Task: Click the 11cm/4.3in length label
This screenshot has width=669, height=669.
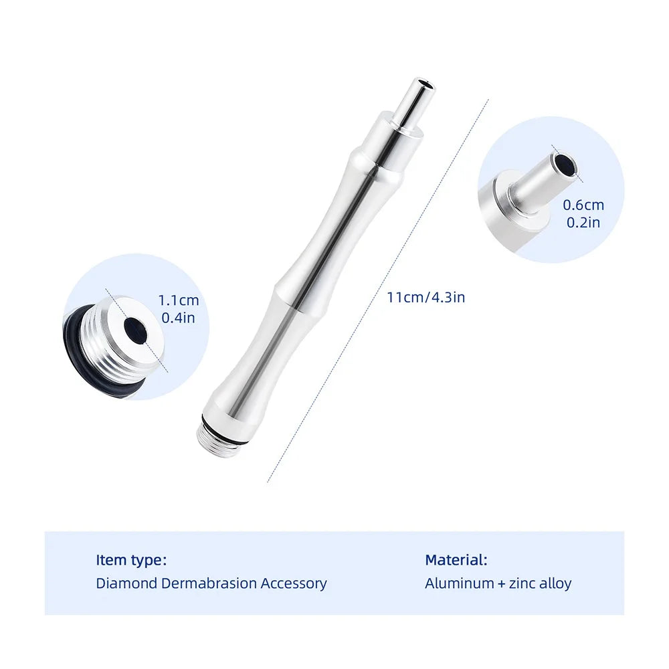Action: click(425, 297)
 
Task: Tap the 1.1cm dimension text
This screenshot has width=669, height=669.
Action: click(179, 301)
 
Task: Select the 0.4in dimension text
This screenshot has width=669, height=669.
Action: click(178, 318)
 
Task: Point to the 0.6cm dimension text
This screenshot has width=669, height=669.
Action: click(583, 205)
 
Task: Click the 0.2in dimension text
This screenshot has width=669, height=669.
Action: click(583, 222)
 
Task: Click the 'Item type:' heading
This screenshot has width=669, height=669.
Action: click(131, 560)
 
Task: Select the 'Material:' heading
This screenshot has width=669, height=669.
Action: click(456, 560)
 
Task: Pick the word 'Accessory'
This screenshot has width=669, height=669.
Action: click(294, 583)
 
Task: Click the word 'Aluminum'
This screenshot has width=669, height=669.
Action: click(459, 583)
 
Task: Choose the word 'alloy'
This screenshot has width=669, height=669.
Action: click(557, 583)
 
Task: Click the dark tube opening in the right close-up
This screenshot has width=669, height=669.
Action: click(566, 168)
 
